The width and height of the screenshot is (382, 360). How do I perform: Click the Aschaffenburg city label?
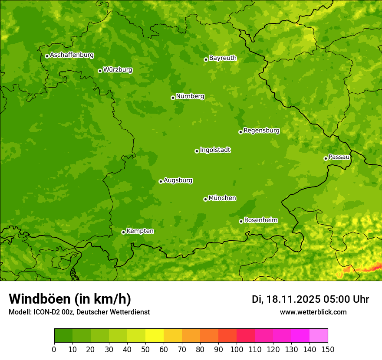pyautogui.click(x=72, y=55)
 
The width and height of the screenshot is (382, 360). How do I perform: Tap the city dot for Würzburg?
pyautogui.click(x=100, y=71)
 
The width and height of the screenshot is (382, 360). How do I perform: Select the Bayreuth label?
pyautogui.click(x=223, y=58)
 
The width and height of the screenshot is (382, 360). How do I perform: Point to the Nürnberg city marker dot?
pyautogui.click(x=173, y=98)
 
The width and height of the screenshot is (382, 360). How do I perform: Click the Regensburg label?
pyautogui.click(x=261, y=131)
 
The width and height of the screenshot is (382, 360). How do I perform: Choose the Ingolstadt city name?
pyautogui.click(x=215, y=150)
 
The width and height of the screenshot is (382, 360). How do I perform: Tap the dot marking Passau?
pyautogui.click(x=326, y=158)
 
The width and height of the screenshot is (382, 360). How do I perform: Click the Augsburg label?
pyautogui.click(x=178, y=180)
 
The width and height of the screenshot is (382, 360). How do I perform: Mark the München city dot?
pyautogui.click(x=205, y=199)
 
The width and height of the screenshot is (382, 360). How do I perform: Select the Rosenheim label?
pyautogui.click(x=260, y=220)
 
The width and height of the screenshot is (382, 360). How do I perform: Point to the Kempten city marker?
pyautogui.click(x=123, y=232)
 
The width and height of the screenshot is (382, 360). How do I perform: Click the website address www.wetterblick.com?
pyautogui.click(x=313, y=312)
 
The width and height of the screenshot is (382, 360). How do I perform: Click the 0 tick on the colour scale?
pyautogui.click(x=54, y=350)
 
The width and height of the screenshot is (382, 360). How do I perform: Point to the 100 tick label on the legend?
pyautogui.click(x=237, y=350)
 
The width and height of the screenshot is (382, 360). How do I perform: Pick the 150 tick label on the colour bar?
pyautogui.click(x=328, y=350)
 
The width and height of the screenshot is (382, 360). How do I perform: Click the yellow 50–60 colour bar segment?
pyautogui.click(x=155, y=336)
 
